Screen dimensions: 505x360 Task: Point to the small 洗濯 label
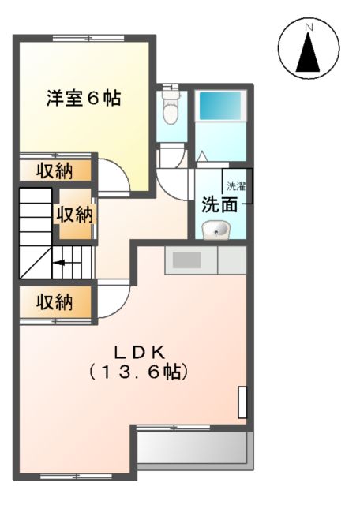click(x=237, y=187)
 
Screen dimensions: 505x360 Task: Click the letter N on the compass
click(x=309, y=29)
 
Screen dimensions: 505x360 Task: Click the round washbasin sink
click(x=215, y=230)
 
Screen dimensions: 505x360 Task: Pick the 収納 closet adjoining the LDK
click(x=54, y=301)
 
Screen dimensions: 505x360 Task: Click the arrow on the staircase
click(x=61, y=264)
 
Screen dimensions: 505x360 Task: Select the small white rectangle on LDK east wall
click(x=243, y=402)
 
